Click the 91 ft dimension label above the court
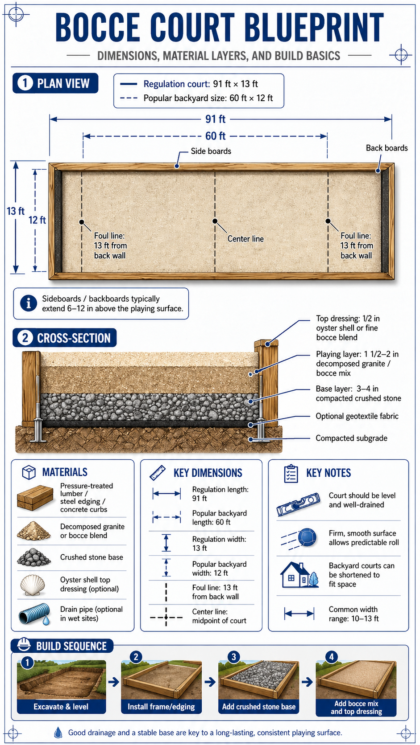tap(215, 119)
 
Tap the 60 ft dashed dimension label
tap(215, 136)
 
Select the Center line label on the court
tap(245, 239)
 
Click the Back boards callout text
tap(387, 148)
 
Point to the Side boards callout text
tap(211, 151)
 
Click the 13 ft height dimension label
tap(15, 211)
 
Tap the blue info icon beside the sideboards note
tap(29, 303)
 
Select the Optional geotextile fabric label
tap(357, 416)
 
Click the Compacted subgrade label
tap(351, 438)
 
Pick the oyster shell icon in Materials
tap(33, 585)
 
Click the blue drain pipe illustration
tap(35, 614)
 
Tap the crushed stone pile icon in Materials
tap(33, 557)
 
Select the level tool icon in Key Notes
tap(298, 504)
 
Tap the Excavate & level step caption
tap(61, 707)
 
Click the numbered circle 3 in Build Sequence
tap(233, 656)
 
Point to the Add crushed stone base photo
tap(259, 680)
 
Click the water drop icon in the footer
tap(58, 733)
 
